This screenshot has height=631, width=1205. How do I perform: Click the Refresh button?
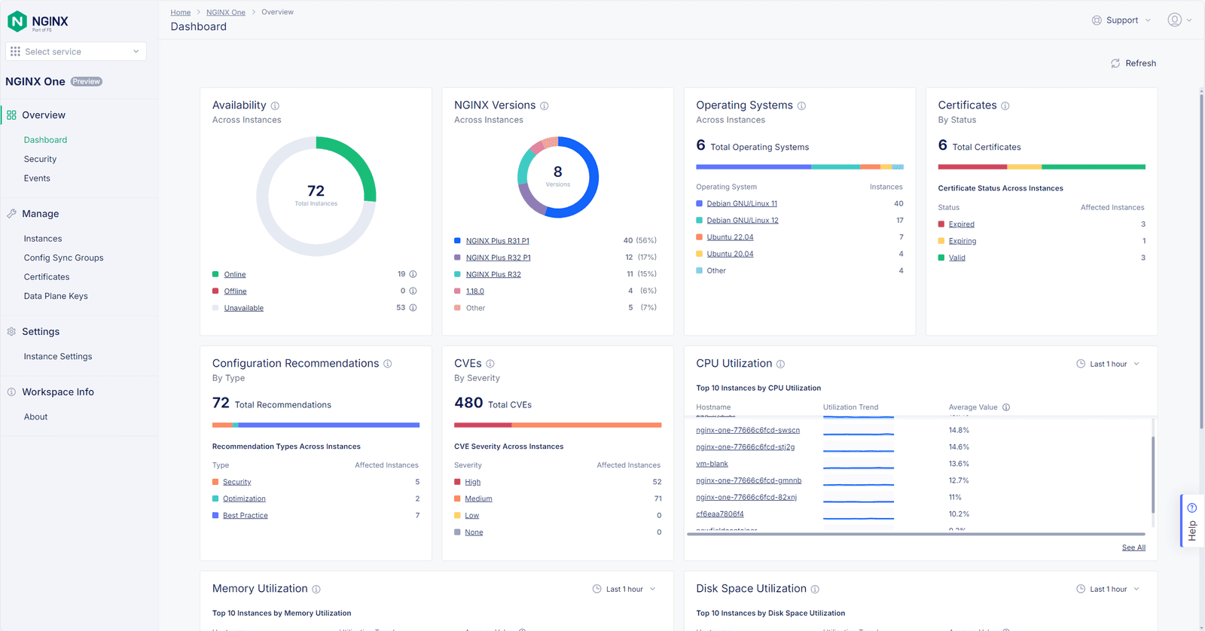(x=1133, y=63)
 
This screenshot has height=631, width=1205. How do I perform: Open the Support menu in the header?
(x=1121, y=20)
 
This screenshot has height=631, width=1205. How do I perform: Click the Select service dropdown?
(x=76, y=51)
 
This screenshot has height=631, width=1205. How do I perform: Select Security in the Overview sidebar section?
(x=40, y=159)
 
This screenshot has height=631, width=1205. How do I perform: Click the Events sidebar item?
(x=37, y=178)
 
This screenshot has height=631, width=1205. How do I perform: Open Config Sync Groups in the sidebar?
(x=63, y=258)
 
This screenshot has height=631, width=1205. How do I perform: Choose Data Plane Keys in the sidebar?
(x=56, y=296)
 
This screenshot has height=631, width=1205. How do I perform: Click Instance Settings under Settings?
(x=58, y=356)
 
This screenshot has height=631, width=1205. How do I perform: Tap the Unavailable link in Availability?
(x=243, y=308)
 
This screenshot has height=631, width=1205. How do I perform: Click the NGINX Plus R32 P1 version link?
(x=498, y=258)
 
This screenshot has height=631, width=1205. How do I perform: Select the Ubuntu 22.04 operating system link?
(x=730, y=237)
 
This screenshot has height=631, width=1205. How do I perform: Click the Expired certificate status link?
(x=961, y=224)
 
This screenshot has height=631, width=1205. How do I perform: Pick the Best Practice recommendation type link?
(x=245, y=516)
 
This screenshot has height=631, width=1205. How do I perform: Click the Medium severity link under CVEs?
(x=478, y=498)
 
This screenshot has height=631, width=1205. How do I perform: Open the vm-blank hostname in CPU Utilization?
(x=712, y=464)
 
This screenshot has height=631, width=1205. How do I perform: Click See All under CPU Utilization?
(x=1133, y=547)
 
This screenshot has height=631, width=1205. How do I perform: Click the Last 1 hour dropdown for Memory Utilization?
(x=624, y=589)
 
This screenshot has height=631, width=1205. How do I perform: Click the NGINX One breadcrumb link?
(x=225, y=12)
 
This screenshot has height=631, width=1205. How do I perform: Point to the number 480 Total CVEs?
(x=468, y=403)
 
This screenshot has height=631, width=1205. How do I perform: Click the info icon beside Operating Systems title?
(x=801, y=106)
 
